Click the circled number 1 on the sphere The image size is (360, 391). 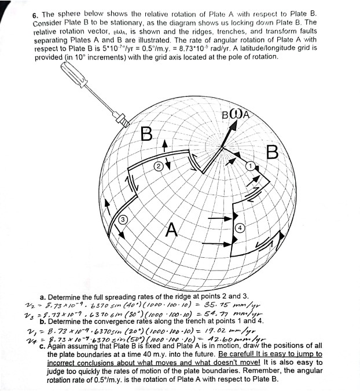250,167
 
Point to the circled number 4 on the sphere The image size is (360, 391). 239,228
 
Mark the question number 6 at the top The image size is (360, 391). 35,13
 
